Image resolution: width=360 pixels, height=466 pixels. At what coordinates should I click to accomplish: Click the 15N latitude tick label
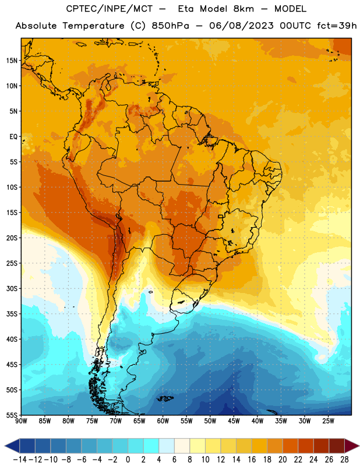12,61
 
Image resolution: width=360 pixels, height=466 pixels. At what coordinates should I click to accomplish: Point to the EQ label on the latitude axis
13,137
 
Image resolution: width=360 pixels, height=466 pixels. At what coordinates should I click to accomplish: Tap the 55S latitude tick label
12,415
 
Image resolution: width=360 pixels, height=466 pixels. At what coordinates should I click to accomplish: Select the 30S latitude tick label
12,288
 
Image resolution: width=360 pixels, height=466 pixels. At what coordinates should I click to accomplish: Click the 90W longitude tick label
22,421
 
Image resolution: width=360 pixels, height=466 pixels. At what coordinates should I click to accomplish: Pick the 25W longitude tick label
329,421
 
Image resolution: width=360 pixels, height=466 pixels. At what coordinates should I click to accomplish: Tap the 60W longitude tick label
163,421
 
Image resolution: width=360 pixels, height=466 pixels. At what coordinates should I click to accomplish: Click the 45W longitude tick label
234,421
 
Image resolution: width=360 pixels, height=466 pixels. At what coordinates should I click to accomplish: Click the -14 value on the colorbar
20,460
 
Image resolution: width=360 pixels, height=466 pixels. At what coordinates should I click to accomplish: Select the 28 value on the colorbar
344,460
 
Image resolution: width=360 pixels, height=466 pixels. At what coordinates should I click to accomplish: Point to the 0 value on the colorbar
128,460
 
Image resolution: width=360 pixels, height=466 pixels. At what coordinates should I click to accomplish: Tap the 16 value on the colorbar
252,460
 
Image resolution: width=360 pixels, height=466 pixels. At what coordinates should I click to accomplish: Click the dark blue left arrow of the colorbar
12,446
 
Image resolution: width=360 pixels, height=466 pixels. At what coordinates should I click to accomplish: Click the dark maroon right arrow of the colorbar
352,446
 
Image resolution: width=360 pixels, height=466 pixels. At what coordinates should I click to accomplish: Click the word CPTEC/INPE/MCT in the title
109,9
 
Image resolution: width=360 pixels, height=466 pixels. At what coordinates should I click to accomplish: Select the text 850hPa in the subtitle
170,26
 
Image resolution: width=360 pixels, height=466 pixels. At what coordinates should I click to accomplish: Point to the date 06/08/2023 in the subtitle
241,26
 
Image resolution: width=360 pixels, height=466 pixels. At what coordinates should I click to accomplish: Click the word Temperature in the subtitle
93,26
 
